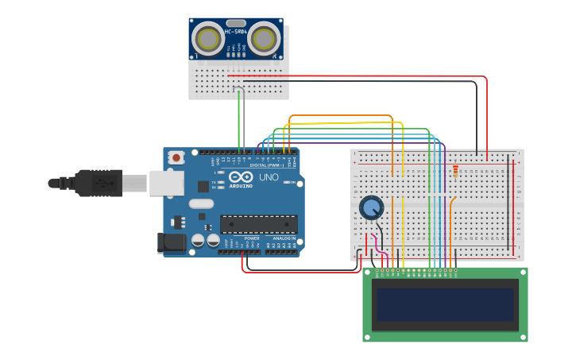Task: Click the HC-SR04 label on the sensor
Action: coord(235,32)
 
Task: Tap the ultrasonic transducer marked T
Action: coord(208,39)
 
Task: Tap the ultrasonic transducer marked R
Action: coord(265,39)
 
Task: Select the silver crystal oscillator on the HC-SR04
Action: coord(236,23)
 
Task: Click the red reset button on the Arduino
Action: coord(176,157)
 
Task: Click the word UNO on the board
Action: coord(269,176)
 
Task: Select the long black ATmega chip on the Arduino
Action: coord(259,224)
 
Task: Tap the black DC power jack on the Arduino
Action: coord(172,242)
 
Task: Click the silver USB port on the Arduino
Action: coord(166,184)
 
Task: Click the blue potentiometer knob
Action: coord(371,207)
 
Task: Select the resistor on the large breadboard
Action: coord(454,170)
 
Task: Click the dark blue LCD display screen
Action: coord(445,304)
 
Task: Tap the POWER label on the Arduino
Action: coord(251,238)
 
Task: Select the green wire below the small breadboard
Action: coord(239,123)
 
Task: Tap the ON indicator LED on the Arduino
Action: coord(285,183)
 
